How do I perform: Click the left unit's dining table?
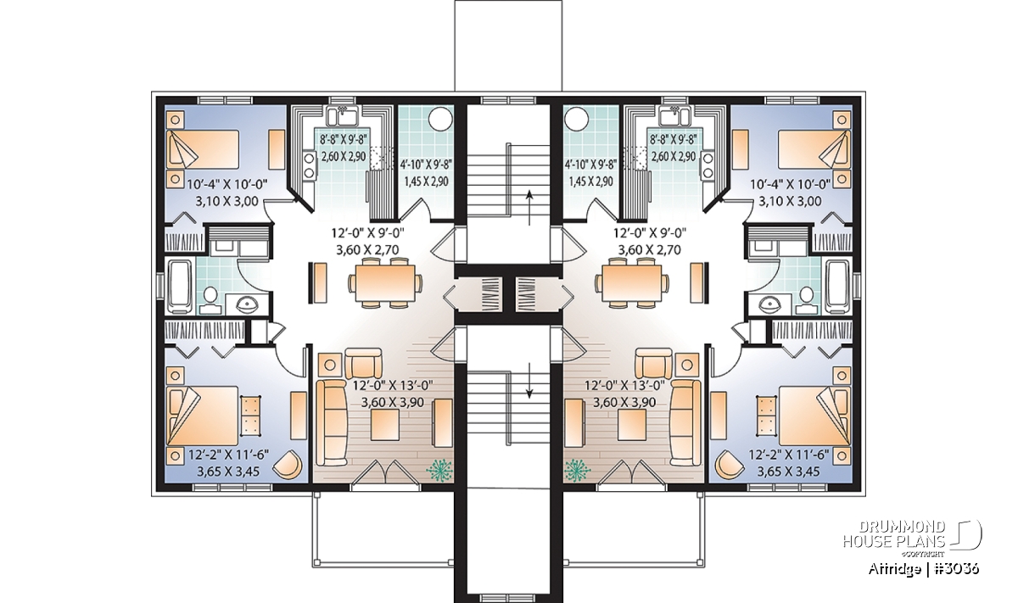point(385,283)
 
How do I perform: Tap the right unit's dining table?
point(632,283)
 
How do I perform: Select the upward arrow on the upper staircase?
point(529,208)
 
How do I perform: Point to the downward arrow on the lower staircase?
point(529,381)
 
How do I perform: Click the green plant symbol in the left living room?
point(439,470)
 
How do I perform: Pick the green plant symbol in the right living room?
point(578,470)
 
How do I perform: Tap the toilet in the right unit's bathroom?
point(806,299)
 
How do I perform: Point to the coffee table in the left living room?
point(385,425)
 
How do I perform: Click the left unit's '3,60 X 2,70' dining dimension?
point(367,250)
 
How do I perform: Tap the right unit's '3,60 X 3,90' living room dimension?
point(624,403)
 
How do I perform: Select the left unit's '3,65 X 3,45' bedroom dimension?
point(228,472)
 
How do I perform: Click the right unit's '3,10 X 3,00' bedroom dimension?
point(790,201)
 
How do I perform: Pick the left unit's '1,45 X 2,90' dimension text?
point(426,181)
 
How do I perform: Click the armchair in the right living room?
point(653,364)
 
